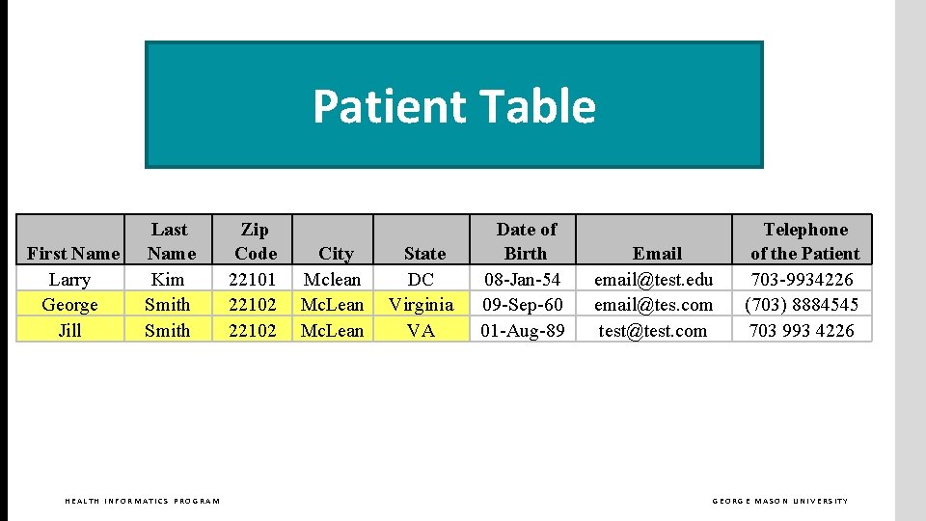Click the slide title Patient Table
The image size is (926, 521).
pyautogui.click(x=453, y=106)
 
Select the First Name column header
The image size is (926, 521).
pyautogui.click(x=73, y=254)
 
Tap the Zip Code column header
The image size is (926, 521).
pyautogui.click(x=255, y=241)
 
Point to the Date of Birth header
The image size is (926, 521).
pyautogui.click(x=526, y=241)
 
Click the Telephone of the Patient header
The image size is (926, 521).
pyautogui.click(x=804, y=241)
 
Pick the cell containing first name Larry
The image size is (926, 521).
pyautogui.click(x=69, y=280)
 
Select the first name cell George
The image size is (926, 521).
pyautogui.click(x=69, y=305)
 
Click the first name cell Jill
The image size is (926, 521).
pyautogui.click(x=69, y=330)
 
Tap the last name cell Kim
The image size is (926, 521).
pyautogui.click(x=168, y=280)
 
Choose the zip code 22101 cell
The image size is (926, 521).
pyautogui.click(x=253, y=280)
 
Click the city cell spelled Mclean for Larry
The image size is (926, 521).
pyautogui.click(x=333, y=280)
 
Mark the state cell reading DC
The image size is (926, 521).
pyautogui.click(x=422, y=280)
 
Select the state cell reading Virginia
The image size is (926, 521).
pyautogui.click(x=422, y=305)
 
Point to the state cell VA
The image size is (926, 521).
pyautogui.click(x=422, y=330)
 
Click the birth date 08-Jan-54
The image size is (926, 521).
pyautogui.click(x=523, y=280)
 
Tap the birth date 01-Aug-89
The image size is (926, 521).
pyautogui.click(x=523, y=330)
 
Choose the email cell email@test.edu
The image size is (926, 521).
pyautogui.click(x=654, y=280)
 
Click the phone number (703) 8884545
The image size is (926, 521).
pyautogui.click(x=802, y=305)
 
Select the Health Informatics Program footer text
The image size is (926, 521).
pyautogui.click(x=142, y=501)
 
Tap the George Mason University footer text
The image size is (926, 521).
pyautogui.click(x=780, y=501)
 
